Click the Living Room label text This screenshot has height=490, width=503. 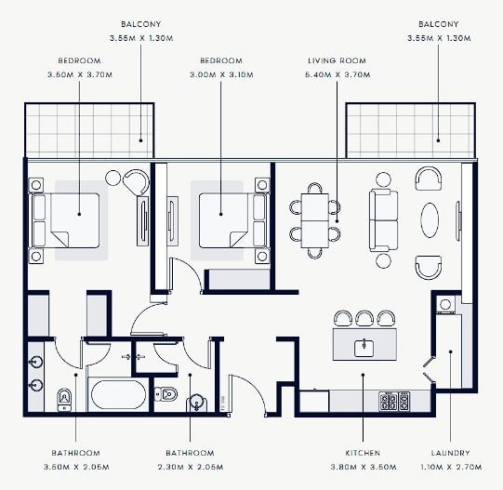click(x=337, y=60)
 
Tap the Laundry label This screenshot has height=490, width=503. click(x=450, y=453)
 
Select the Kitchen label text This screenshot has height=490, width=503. click(x=363, y=453)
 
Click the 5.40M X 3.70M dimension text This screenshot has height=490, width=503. click(x=338, y=74)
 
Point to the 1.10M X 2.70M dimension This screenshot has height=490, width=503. click(x=451, y=467)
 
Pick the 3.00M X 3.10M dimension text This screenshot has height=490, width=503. click(x=221, y=74)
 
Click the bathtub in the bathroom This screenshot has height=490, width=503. click(x=118, y=394)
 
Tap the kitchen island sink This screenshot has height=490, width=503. click(x=364, y=348)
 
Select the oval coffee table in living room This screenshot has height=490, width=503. click(x=430, y=220)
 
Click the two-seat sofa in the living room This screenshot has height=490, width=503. click(x=383, y=220)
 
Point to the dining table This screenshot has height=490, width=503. click(x=315, y=220)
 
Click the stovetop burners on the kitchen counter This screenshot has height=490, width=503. click(x=394, y=401)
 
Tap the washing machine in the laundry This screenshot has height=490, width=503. click(x=445, y=303)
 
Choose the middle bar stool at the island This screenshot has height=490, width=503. click(x=364, y=318)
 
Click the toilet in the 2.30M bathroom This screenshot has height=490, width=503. click(x=165, y=394)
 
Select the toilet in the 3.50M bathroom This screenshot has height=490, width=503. click(x=64, y=400)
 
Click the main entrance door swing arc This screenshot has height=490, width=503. click(x=255, y=387)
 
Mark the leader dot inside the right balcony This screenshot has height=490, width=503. click(x=438, y=140)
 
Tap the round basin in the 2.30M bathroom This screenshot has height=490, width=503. click(x=197, y=404)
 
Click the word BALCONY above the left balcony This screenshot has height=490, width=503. click(x=140, y=24)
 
